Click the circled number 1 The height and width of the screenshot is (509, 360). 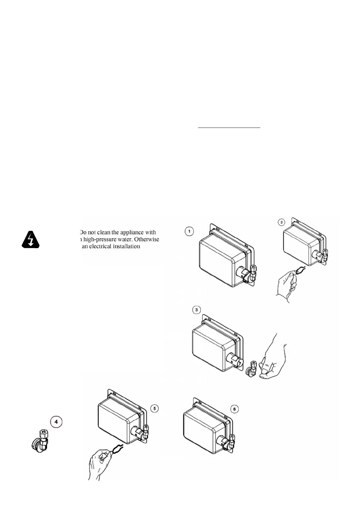click(189, 232)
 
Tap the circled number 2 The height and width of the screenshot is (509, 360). click(281, 222)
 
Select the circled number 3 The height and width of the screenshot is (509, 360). click(197, 310)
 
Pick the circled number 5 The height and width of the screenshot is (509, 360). click(154, 409)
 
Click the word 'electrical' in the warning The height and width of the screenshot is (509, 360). click(101, 246)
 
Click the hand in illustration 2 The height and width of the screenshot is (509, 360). click(286, 286)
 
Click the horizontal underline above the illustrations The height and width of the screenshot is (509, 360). click(229, 128)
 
